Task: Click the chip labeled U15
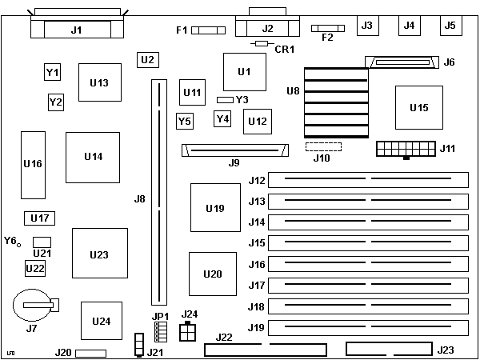tap(418, 107)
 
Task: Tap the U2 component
tap(146, 59)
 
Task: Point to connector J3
tap(367, 26)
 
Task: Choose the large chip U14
tap(93, 157)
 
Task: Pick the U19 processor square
tap(214, 209)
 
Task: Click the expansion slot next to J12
tap(369, 180)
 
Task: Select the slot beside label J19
tap(369, 327)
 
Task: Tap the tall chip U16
tap(33, 164)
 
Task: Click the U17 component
tap(39, 218)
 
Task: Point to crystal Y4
tap(223, 119)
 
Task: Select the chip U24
tap(102, 322)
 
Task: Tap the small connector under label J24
tap(189, 332)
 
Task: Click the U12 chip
tap(257, 122)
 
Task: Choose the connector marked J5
tap(450, 26)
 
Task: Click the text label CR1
tap(285, 50)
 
